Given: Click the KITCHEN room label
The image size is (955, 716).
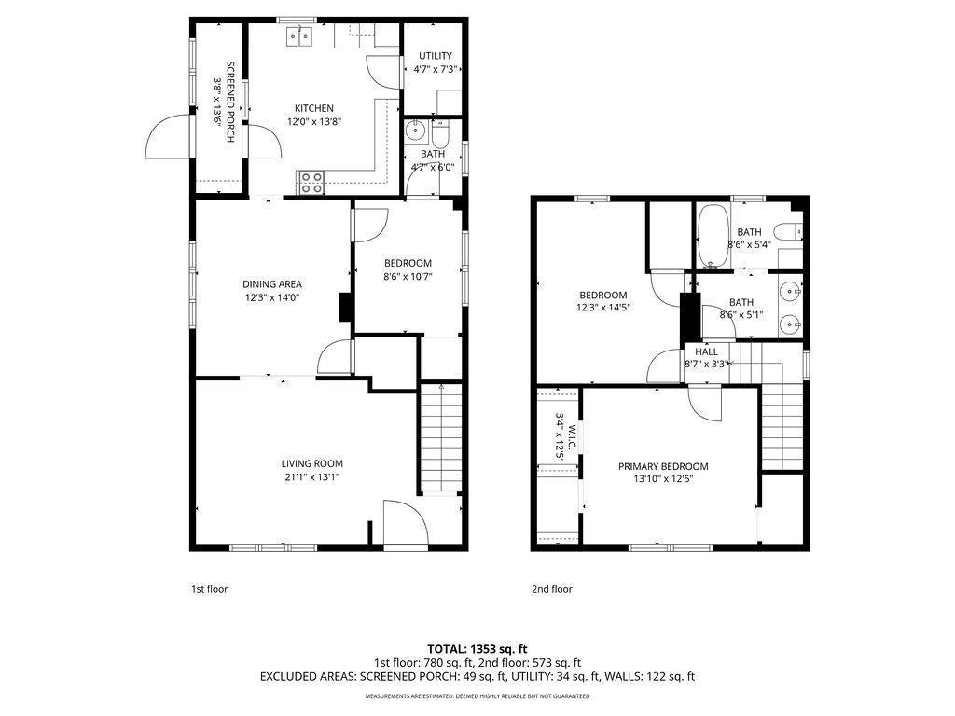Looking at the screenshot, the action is (313, 108).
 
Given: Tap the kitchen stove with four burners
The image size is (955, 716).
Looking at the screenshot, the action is (311, 183).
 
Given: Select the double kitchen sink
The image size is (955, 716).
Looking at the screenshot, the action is (299, 37).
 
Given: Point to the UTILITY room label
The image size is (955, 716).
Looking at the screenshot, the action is (435, 55).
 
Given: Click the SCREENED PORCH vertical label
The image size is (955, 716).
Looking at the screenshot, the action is (230, 102).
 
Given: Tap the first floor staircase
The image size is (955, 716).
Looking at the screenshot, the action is (441, 437).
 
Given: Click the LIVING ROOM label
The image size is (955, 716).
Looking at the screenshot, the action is (311, 463).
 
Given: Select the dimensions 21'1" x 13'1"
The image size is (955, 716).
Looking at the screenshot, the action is (311, 476).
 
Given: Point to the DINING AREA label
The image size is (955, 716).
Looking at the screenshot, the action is (271, 283).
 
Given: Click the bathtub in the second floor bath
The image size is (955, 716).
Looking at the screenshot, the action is (712, 236).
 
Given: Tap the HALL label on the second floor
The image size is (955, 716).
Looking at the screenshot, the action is (706, 351).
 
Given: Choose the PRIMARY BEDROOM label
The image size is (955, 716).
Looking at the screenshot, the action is (663, 466).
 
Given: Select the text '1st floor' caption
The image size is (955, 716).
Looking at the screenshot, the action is (210, 589).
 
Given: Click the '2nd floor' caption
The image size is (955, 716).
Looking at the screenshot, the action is (552, 589).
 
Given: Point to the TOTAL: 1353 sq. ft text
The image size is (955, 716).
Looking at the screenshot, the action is (477, 649).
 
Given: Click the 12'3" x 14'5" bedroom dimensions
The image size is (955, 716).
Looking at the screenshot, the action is (603, 308).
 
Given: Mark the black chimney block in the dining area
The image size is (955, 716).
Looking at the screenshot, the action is (345, 307).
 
